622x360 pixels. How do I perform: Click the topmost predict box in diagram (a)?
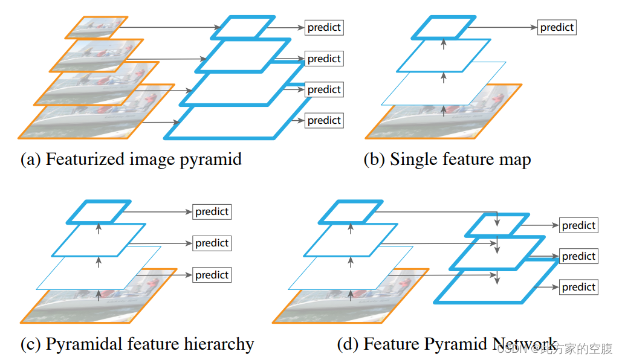tap(324, 27)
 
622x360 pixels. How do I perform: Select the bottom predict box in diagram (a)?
tap(324, 120)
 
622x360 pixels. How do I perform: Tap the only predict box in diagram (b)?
tap(557, 27)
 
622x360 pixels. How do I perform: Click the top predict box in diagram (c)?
tap(212, 211)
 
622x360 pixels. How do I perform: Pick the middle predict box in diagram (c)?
tap(212, 243)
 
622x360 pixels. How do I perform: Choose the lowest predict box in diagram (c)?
tap(212, 275)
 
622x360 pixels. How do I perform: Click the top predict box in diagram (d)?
tap(578, 225)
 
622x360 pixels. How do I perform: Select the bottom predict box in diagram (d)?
tap(578, 287)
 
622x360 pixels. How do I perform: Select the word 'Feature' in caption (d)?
tap(390, 344)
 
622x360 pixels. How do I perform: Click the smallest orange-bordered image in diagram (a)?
tap(97, 26)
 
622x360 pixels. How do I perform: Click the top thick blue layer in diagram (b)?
tap(444, 28)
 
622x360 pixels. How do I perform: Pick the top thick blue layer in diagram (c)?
tap(99, 211)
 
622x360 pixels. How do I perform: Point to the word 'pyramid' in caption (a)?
tap(213, 159)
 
